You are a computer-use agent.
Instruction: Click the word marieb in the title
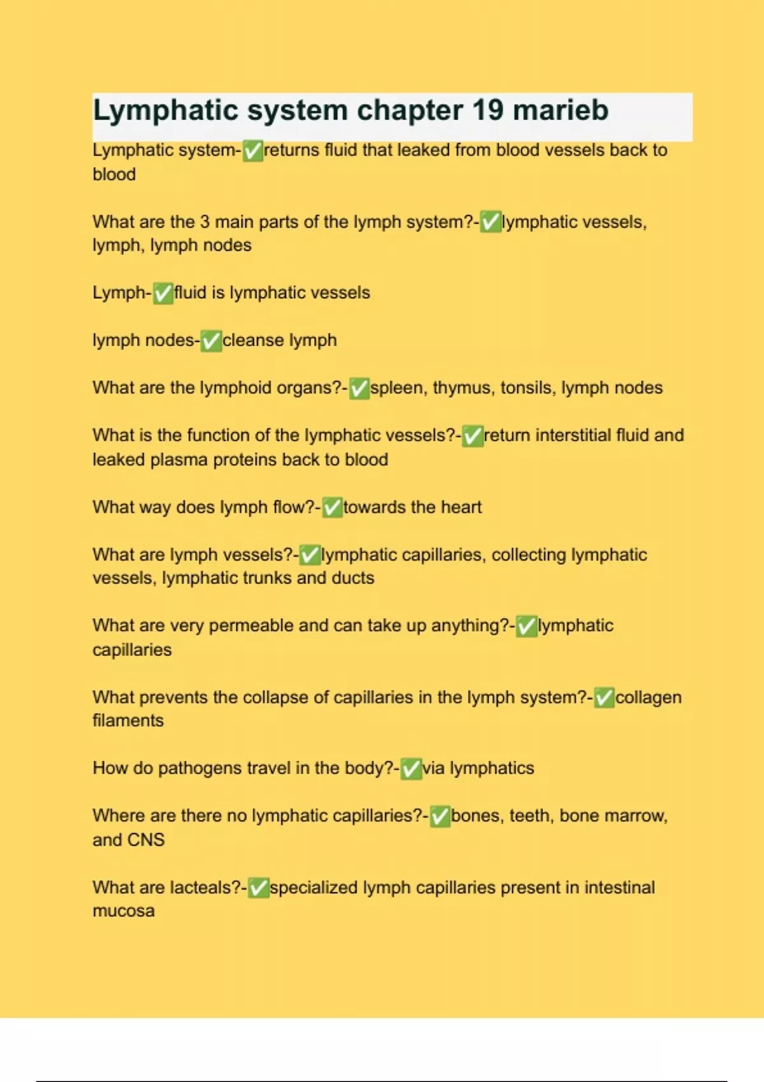[560, 110]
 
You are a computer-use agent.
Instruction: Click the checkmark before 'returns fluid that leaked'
[253, 151]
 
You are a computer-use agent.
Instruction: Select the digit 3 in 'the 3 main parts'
[204, 222]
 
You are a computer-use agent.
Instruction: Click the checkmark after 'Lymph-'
[163, 293]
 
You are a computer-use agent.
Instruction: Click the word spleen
[399, 388]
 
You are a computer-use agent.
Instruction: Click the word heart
[461, 507]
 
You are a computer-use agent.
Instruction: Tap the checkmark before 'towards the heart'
[332, 508]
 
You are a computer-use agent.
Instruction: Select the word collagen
[648, 698]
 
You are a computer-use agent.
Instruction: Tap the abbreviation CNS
[148, 840]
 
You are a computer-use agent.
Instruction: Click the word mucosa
[124, 911]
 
